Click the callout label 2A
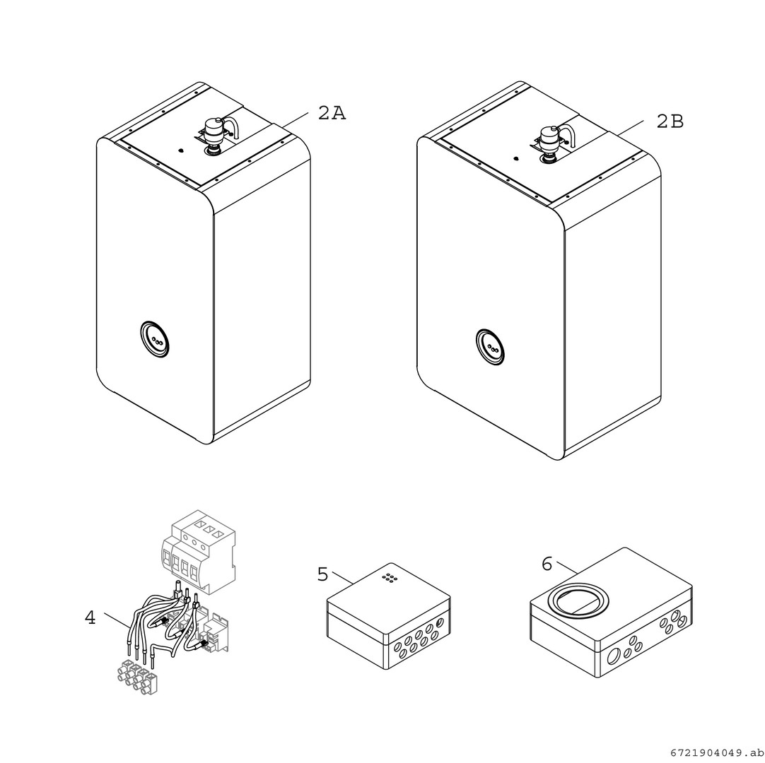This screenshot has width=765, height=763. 332,113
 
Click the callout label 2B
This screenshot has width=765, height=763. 670,122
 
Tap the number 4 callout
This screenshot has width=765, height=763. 90,617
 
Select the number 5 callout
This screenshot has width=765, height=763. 322,574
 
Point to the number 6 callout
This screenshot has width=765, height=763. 547,564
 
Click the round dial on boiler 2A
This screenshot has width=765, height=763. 154,339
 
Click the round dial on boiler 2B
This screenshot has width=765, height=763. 490,347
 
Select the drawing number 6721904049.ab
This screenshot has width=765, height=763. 716,753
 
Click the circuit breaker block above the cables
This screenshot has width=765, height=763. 198,552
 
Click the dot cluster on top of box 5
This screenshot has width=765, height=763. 390,578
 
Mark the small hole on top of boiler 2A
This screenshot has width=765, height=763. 181,150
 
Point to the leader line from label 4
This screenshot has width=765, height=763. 117,620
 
